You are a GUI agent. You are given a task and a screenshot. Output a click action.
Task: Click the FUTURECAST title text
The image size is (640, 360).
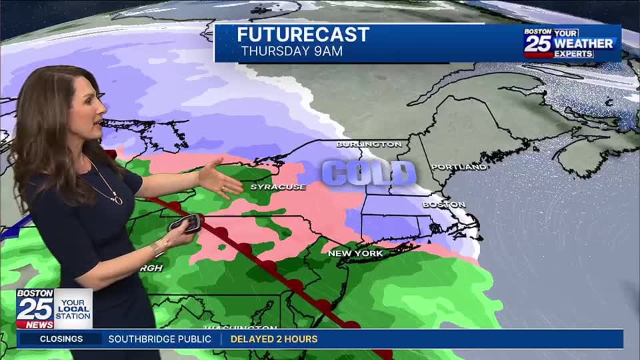(303, 35)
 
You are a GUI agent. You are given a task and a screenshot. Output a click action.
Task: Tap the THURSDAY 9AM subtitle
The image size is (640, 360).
(291, 51)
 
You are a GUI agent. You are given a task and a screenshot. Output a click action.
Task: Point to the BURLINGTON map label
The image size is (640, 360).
(369, 144)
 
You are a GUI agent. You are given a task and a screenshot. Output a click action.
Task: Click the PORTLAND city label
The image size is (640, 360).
(458, 167)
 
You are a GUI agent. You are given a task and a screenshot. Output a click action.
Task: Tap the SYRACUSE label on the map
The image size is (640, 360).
(277, 187)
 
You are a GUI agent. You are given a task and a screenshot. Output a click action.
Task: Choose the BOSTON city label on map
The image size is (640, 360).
(443, 205)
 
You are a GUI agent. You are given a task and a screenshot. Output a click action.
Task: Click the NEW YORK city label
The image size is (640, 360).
(355, 253)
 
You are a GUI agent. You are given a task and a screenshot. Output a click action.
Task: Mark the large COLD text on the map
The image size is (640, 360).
(369, 173)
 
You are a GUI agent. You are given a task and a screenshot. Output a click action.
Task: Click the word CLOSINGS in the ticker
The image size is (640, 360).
(61, 339)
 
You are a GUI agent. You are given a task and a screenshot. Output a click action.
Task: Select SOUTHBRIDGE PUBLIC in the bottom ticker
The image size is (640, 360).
(159, 339)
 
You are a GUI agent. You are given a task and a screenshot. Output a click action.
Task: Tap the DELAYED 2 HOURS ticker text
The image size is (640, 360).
(274, 339)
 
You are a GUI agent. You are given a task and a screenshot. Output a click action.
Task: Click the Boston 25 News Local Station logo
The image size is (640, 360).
(54, 308)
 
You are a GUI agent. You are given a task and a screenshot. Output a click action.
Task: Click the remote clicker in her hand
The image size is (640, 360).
(186, 223)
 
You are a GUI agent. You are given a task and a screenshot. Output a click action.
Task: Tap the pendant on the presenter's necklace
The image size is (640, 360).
(117, 199)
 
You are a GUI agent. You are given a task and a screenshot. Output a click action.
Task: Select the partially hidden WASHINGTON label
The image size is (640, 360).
(240, 328)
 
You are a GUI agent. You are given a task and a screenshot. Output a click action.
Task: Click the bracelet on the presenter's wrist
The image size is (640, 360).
(158, 247)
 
